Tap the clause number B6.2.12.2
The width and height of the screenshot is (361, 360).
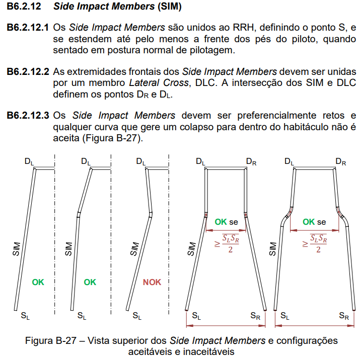pos(28,71)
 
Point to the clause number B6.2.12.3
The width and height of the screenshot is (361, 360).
pos(28,116)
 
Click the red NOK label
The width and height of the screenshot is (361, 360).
pos(152,282)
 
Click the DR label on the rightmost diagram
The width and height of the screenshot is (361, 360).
pos(341,162)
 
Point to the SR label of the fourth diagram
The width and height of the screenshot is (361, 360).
pos(256,316)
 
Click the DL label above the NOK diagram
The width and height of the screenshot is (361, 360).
pos(141,162)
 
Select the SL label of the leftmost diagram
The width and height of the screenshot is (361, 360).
pos(25,316)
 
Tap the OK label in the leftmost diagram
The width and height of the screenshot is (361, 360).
pos(38,282)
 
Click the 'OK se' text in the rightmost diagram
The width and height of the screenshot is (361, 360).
pos(314,222)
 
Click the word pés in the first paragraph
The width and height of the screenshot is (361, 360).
pos(251,39)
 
